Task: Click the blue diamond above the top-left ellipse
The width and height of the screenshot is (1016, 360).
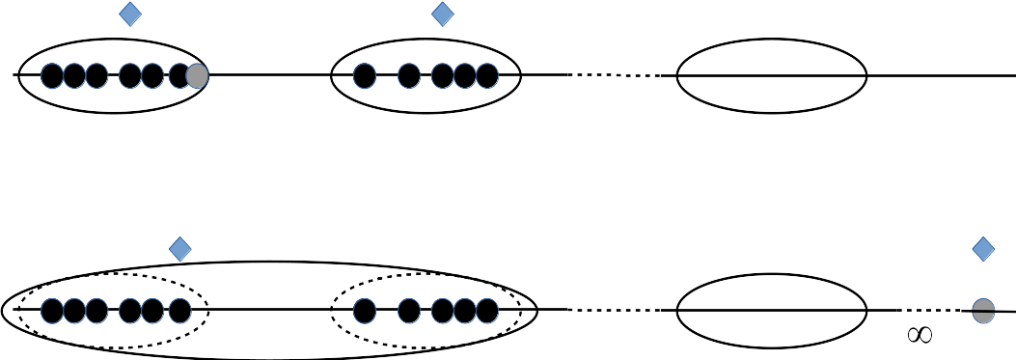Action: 130,14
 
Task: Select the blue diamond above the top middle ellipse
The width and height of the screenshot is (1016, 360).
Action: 443,14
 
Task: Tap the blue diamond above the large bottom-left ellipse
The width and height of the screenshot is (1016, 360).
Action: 180,249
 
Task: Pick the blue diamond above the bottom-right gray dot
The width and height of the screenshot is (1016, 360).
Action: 983,249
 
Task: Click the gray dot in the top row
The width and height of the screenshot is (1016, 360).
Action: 198,76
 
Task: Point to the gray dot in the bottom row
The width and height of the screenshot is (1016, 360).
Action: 983,311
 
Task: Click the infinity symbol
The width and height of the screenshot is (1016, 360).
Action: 920,335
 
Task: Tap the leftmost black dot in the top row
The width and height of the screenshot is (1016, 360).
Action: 52,76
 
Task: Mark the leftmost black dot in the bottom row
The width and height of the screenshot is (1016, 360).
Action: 52,311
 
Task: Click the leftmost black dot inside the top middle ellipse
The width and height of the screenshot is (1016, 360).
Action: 365,76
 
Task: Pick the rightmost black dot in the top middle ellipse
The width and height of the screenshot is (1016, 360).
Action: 487,76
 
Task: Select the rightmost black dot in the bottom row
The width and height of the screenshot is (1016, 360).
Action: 487,311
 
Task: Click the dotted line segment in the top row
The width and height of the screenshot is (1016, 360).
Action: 615,75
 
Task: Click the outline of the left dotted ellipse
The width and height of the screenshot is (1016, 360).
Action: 114,275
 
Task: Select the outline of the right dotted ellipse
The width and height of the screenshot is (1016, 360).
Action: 426,275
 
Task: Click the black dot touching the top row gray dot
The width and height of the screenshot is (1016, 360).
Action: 178,76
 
